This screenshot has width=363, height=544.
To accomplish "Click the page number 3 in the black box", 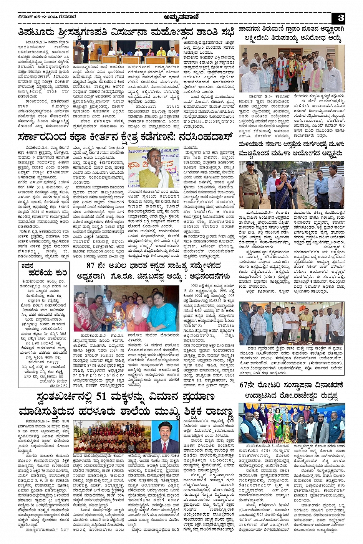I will (341, 18).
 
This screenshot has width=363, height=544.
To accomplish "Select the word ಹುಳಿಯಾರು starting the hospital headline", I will (253, 145).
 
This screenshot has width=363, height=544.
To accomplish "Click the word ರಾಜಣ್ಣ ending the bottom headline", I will (219, 412).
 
